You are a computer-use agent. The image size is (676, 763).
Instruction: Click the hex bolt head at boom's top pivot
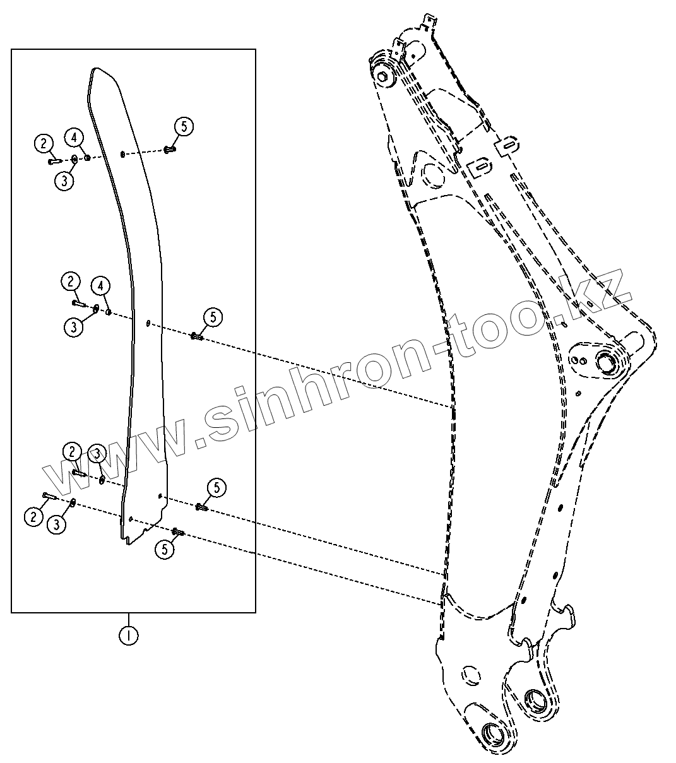click(x=382, y=76)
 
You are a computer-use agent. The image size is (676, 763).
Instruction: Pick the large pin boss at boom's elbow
click(x=607, y=362)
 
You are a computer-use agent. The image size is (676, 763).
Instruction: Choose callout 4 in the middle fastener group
click(x=100, y=286)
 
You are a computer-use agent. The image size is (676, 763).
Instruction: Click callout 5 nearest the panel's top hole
click(x=183, y=126)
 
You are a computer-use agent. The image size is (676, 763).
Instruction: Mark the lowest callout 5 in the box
click(x=165, y=549)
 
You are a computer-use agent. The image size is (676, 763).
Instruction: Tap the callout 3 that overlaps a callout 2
click(x=97, y=453)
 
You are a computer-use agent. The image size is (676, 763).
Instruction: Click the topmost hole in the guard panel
click(x=122, y=153)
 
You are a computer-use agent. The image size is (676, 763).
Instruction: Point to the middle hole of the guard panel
click(x=147, y=324)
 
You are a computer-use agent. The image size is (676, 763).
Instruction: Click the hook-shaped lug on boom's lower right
click(x=568, y=615)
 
